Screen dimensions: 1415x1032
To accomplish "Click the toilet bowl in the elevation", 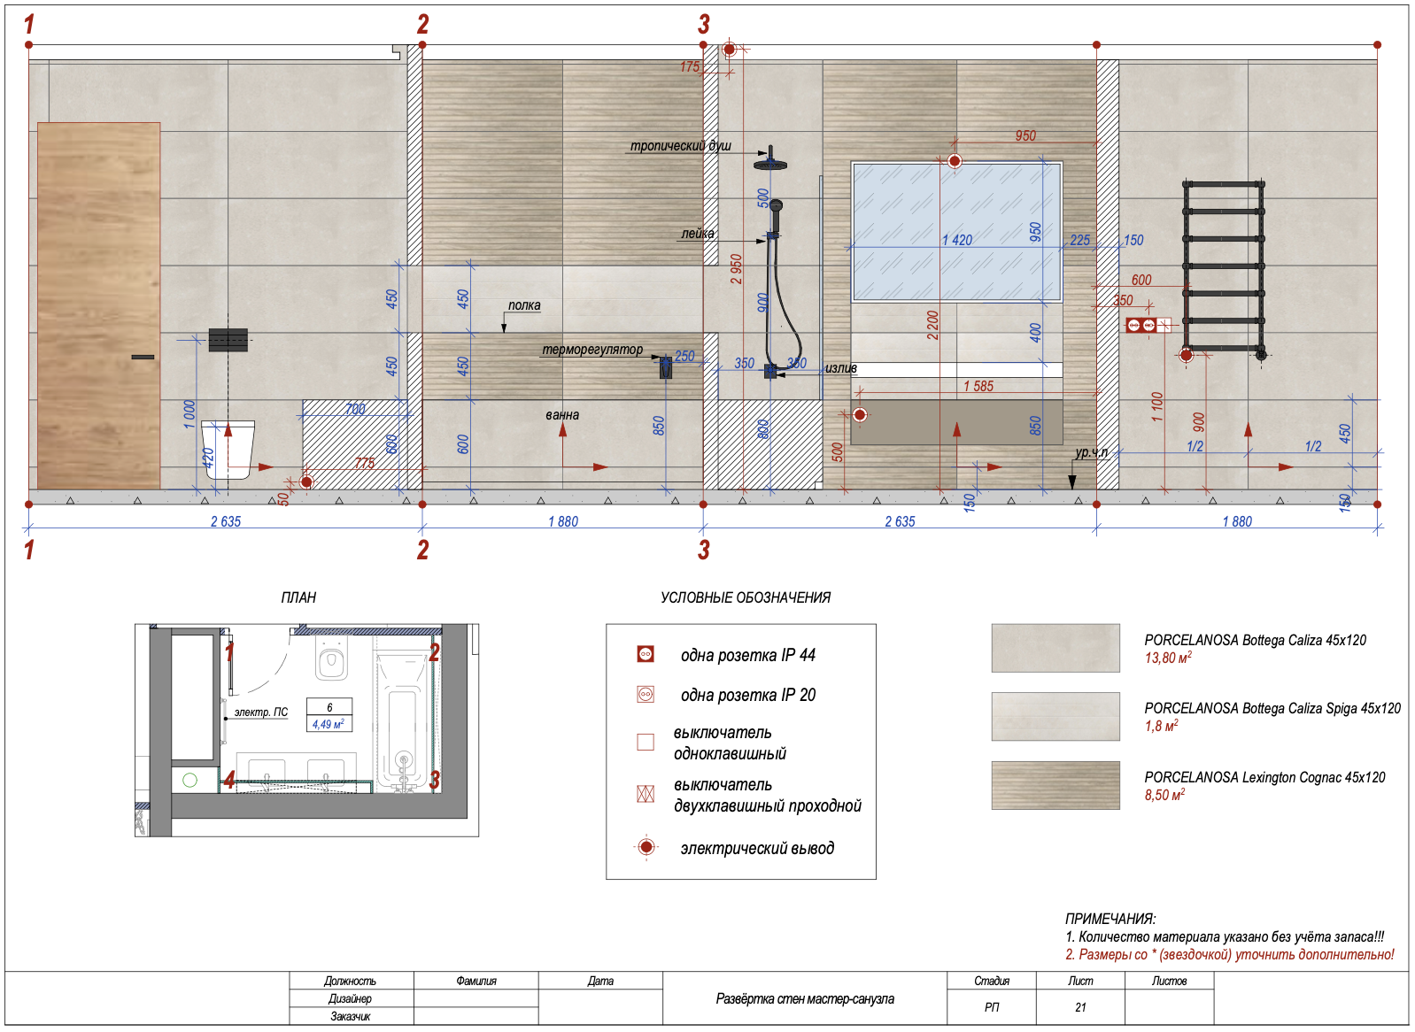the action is click(x=228, y=449).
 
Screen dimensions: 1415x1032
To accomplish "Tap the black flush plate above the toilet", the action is click(x=228, y=340).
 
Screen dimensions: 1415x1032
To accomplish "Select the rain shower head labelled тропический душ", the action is click(x=770, y=162).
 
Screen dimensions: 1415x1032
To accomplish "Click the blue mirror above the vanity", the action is click(x=956, y=232).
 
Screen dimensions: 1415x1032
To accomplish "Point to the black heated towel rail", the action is click(x=1224, y=268).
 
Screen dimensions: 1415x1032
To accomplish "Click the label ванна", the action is click(x=562, y=415).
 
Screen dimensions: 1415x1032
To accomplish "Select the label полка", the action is click(x=524, y=305).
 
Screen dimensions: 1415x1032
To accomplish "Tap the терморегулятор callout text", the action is click(x=592, y=350).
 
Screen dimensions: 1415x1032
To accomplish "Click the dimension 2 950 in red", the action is click(x=736, y=269).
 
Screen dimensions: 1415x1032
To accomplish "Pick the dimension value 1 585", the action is click(x=978, y=386).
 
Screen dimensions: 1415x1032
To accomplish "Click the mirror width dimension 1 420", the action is click(x=957, y=240).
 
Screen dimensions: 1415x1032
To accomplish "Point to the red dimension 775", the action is click(x=365, y=463).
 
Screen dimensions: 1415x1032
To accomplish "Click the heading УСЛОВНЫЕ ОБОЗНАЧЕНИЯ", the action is click(x=746, y=597).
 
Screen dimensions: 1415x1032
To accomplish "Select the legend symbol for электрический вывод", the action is click(x=646, y=847).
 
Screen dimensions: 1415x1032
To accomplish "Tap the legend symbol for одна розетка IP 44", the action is click(x=646, y=654).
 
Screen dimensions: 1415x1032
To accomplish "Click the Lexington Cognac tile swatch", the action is click(x=1055, y=785).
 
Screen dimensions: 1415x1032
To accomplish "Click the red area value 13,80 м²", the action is click(x=1168, y=658).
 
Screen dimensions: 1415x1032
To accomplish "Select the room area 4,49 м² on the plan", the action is click(x=329, y=724).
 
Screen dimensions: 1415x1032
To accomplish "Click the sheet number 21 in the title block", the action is click(x=1080, y=1007).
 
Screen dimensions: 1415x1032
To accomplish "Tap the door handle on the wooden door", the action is click(x=143, y=358).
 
